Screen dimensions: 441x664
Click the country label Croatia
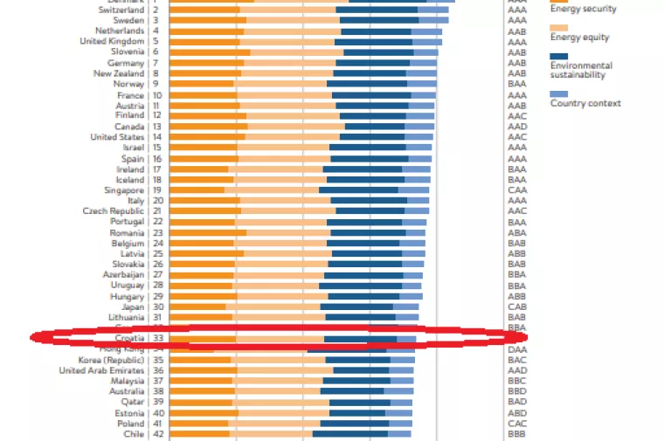(x=129, y=338)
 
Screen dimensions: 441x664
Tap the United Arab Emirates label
(x=101, y=370)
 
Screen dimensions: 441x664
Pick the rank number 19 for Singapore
(x=156, y=190)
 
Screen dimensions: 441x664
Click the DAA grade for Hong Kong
(x=517, y=349)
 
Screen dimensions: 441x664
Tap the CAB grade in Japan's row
(x=517, y=307)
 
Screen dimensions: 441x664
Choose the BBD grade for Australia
(x=517, y=391)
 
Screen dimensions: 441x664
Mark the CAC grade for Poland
(x=517, y=424)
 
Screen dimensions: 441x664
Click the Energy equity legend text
(x=579, y=38)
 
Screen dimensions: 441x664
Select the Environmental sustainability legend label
(x=581, y=71)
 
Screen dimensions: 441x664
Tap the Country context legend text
(x=585, y=103)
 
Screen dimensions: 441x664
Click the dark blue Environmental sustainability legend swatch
(x=559, y=56)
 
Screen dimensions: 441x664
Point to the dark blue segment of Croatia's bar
(x=360, y=339)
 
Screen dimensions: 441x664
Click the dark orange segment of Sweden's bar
(x=208, y=20)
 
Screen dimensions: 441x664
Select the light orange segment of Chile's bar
(x=271, y=434)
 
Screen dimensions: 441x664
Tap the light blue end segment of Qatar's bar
(x=401, y=403)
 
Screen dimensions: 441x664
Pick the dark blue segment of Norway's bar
(x=367, y=84)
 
